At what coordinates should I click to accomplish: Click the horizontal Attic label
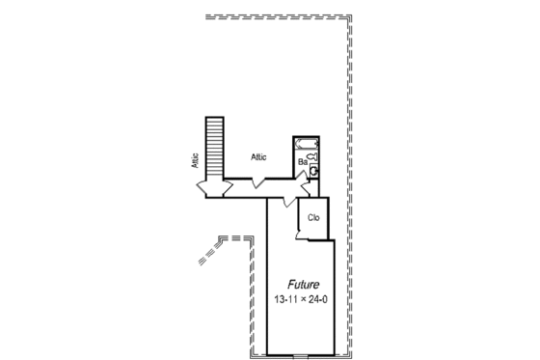coord(258,156)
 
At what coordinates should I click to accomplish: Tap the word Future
coord(303,285)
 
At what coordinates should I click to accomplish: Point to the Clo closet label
coord(313,218)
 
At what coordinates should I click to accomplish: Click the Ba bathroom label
coord(303,163)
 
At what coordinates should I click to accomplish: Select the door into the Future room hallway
coord(287,201)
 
